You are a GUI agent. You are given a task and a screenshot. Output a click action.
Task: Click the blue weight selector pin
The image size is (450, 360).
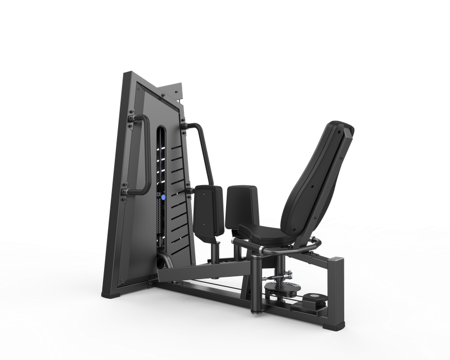[163, 198]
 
